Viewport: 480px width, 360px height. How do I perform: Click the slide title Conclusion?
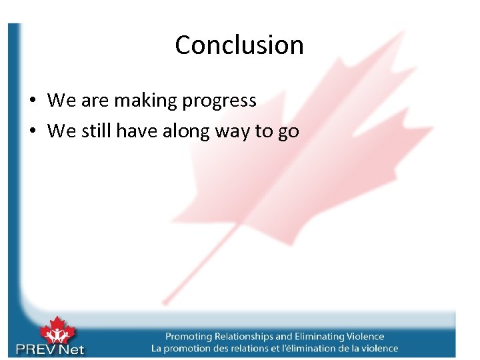pos(239,45)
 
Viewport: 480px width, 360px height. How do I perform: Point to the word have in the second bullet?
pos(138,131)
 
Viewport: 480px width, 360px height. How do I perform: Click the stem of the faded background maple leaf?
pos(200,267)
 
